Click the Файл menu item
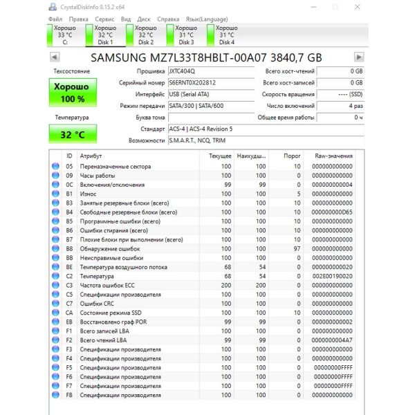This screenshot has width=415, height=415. coord(56,19)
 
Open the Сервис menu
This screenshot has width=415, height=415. coord(104,19)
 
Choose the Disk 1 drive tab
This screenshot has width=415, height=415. coord(105,35)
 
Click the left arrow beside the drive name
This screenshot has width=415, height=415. coord(55,57)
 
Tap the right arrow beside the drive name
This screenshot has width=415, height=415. coord(358,57)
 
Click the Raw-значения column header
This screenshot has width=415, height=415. coord(333,156)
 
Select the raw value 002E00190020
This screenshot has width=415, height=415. coord(333,276)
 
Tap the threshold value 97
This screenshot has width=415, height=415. coord(297,248)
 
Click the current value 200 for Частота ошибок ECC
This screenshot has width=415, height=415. coord(225,285)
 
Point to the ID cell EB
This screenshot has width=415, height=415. coord(69,322)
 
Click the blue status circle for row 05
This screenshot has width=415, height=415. coord(55,167)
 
